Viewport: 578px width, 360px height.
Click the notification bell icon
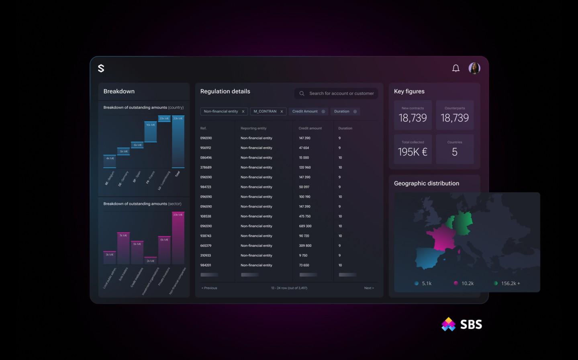tap(455, 68)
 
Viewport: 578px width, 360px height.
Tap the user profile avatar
tap(474, 68)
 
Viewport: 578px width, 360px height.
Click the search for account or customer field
tap(341, 93)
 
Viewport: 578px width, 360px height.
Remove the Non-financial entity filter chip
tap(243, 112)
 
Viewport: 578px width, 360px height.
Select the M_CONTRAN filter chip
tap(265, 111)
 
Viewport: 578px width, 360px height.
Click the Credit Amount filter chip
tap(305, 111)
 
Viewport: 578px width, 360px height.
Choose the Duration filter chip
tap(342, 111)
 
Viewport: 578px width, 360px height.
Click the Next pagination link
tap(369, 288)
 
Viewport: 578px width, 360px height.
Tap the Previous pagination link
tap(209, 288)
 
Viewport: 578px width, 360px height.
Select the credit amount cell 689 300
tap(305, 226)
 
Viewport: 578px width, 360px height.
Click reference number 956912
tap(206, 148)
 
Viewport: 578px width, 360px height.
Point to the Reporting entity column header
tap(253, 128)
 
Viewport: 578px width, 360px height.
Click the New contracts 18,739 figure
tap(413, 118)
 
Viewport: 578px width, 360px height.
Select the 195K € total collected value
tap(413, 152)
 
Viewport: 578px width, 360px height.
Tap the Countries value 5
tap(454, 152)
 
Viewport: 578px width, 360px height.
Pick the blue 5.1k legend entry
tap(423, 283)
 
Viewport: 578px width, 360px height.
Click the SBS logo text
tap(471, 325)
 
